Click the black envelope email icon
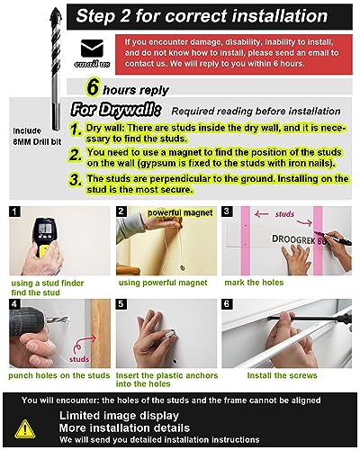(92, 48)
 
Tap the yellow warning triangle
(25, 429)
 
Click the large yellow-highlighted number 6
(93, 87)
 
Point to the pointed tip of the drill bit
(56, 8)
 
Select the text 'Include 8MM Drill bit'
(37, 136)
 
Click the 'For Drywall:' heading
(116, 110)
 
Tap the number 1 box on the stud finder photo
(14, 211)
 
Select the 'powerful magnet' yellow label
(180, 212)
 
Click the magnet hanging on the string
(182, 266)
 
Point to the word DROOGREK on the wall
(289, 239)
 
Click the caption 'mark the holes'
(254, 283)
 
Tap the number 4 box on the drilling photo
(14, 304)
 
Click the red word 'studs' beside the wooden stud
(79, 359)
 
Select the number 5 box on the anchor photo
(121, 304)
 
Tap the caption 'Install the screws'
(282, 375)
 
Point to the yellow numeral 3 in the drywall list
(76, 180)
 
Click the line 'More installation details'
(124, 427)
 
